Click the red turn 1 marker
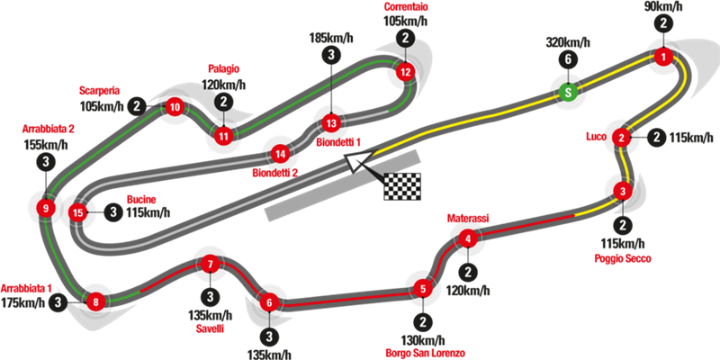tap(663, 58)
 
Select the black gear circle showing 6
tap(566, 59)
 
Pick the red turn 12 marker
tap(406, 71)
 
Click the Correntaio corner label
tap(406, 7)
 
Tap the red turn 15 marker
tap(78, 212)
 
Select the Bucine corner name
tap(142, 199)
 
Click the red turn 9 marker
tap(45, 209)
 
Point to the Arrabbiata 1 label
tap(26, 288)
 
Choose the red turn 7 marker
tap(210, 265)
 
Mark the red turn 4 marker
tap(467, 238)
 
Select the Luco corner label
tap(594, 137)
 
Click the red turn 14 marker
tap(282, 153)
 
